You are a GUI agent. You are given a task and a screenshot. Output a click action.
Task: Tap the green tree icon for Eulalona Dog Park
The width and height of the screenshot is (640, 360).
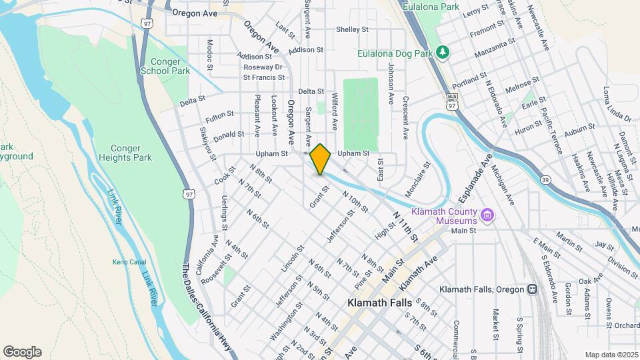(x=441, y=52)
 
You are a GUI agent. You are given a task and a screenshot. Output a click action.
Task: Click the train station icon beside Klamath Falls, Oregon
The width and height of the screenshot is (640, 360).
(x=532, y=289)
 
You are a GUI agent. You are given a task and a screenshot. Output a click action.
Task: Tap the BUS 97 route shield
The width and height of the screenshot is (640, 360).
(x=452, y=105)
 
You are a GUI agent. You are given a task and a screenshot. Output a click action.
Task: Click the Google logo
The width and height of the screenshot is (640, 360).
(x=22, y=352)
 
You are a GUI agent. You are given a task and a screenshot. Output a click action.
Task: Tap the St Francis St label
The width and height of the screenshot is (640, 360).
(x=263, y=77)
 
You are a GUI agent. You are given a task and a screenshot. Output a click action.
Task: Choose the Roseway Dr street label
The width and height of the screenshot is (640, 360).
(x=263, y=67)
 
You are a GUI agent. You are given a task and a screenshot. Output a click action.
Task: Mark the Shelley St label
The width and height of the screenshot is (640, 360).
(x=352, y=29)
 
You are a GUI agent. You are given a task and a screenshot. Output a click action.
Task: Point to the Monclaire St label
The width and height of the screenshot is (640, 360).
(x=418, y=179)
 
